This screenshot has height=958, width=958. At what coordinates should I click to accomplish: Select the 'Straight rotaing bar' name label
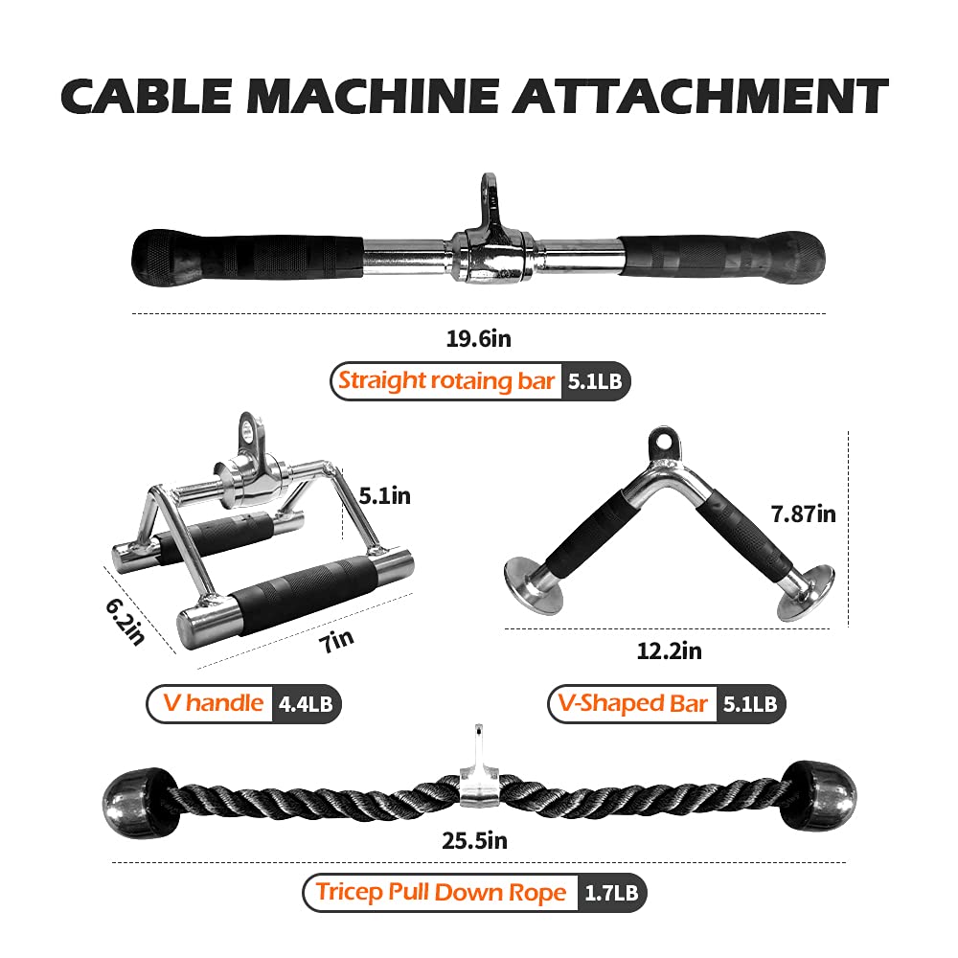pyautogui.click(x=446, y=381)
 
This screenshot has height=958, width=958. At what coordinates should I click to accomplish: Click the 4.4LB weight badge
pyautogui.click(x=307, y=704)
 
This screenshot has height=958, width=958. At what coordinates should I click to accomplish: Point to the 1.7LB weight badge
pyautogui.click(x=612, y=895)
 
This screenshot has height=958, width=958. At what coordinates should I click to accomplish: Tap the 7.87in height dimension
pyautogui.click(x=804, y=514)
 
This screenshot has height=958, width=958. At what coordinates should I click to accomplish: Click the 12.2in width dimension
pyautogui.click(x=670, y=651)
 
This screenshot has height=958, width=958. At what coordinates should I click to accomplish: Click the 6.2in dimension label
pyautogui.click(x=124, y=619)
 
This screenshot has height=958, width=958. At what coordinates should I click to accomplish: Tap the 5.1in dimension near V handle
pyautogui.click(x=384, y=496)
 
